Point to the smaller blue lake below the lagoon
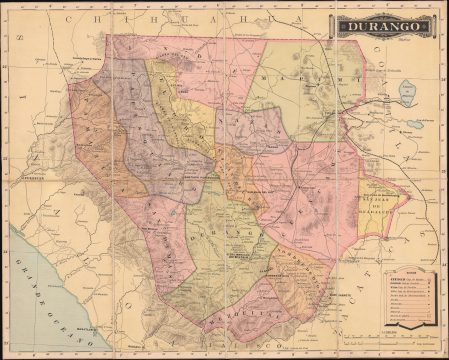413,126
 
